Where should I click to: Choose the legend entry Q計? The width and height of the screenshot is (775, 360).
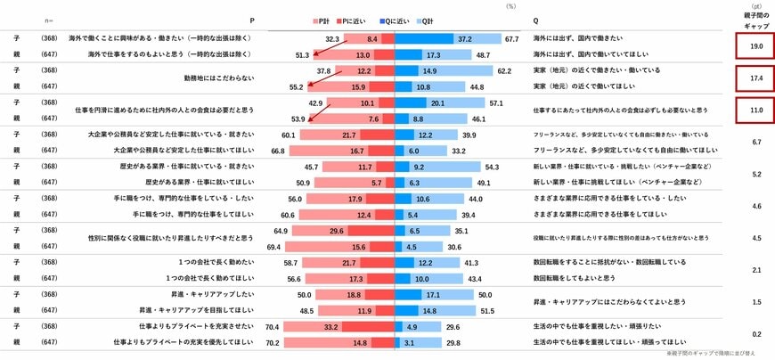point(428,20)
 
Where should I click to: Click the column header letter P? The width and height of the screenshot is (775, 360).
point(252,20)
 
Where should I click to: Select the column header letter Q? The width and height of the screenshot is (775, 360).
point(535,20)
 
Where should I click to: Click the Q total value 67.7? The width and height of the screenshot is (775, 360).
point(510,39)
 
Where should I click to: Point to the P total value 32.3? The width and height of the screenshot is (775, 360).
point(333,39)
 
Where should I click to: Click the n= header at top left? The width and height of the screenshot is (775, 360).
point(49,20)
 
